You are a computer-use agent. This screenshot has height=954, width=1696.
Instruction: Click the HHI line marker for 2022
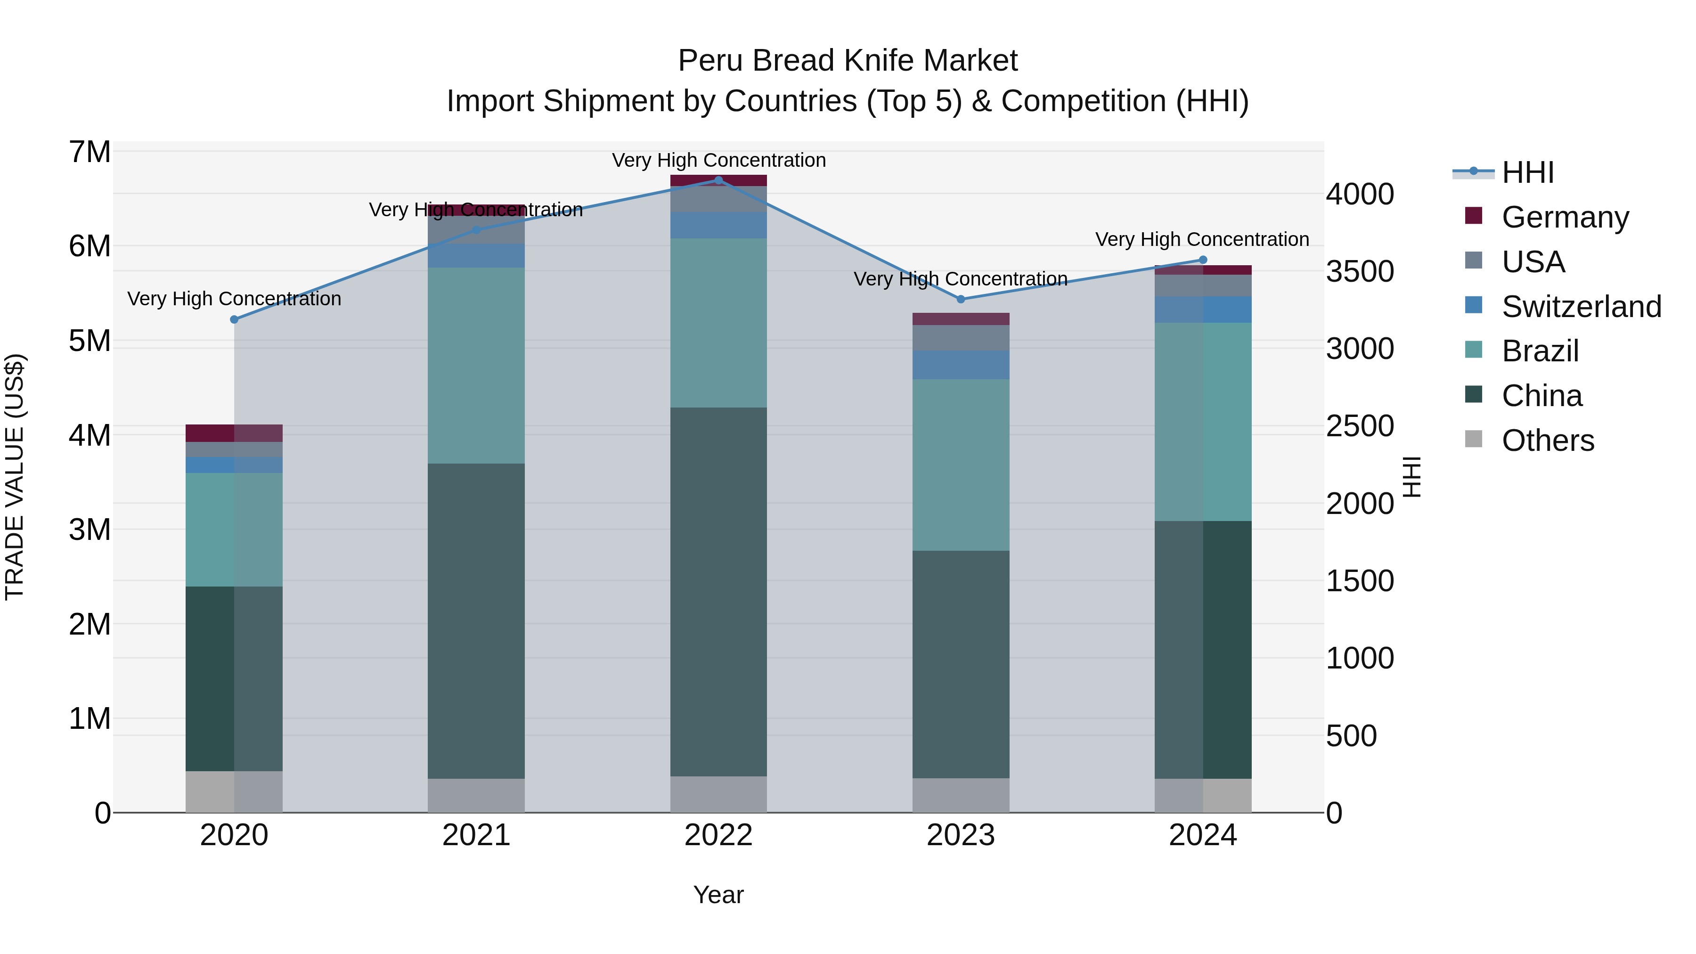click(718, 180)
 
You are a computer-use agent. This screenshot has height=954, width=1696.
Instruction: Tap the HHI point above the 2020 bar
click(235, 319)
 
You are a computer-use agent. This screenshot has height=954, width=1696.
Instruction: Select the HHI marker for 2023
click(961, 299)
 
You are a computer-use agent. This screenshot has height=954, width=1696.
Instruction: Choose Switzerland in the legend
click(1581, 306)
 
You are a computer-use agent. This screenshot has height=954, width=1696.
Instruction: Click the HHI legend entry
click(1527, 172)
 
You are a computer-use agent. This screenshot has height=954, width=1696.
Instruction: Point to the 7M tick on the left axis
click(90, 152)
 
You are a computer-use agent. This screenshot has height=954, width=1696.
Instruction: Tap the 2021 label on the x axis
click(476, 835)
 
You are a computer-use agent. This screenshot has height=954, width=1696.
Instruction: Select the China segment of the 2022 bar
click(718, 591)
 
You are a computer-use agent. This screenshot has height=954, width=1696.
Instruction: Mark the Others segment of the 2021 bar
click(476, 795)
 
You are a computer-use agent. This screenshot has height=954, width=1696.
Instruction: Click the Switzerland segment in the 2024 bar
click(1203, 310)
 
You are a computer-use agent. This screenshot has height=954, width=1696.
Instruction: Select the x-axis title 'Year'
click(718, 895)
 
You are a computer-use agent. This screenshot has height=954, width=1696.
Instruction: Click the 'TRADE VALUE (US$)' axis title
click(15, 477)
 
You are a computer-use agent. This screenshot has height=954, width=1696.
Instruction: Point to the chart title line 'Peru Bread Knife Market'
click(848, 61)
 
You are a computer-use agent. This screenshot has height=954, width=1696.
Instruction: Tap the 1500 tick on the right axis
click(1360, 581)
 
